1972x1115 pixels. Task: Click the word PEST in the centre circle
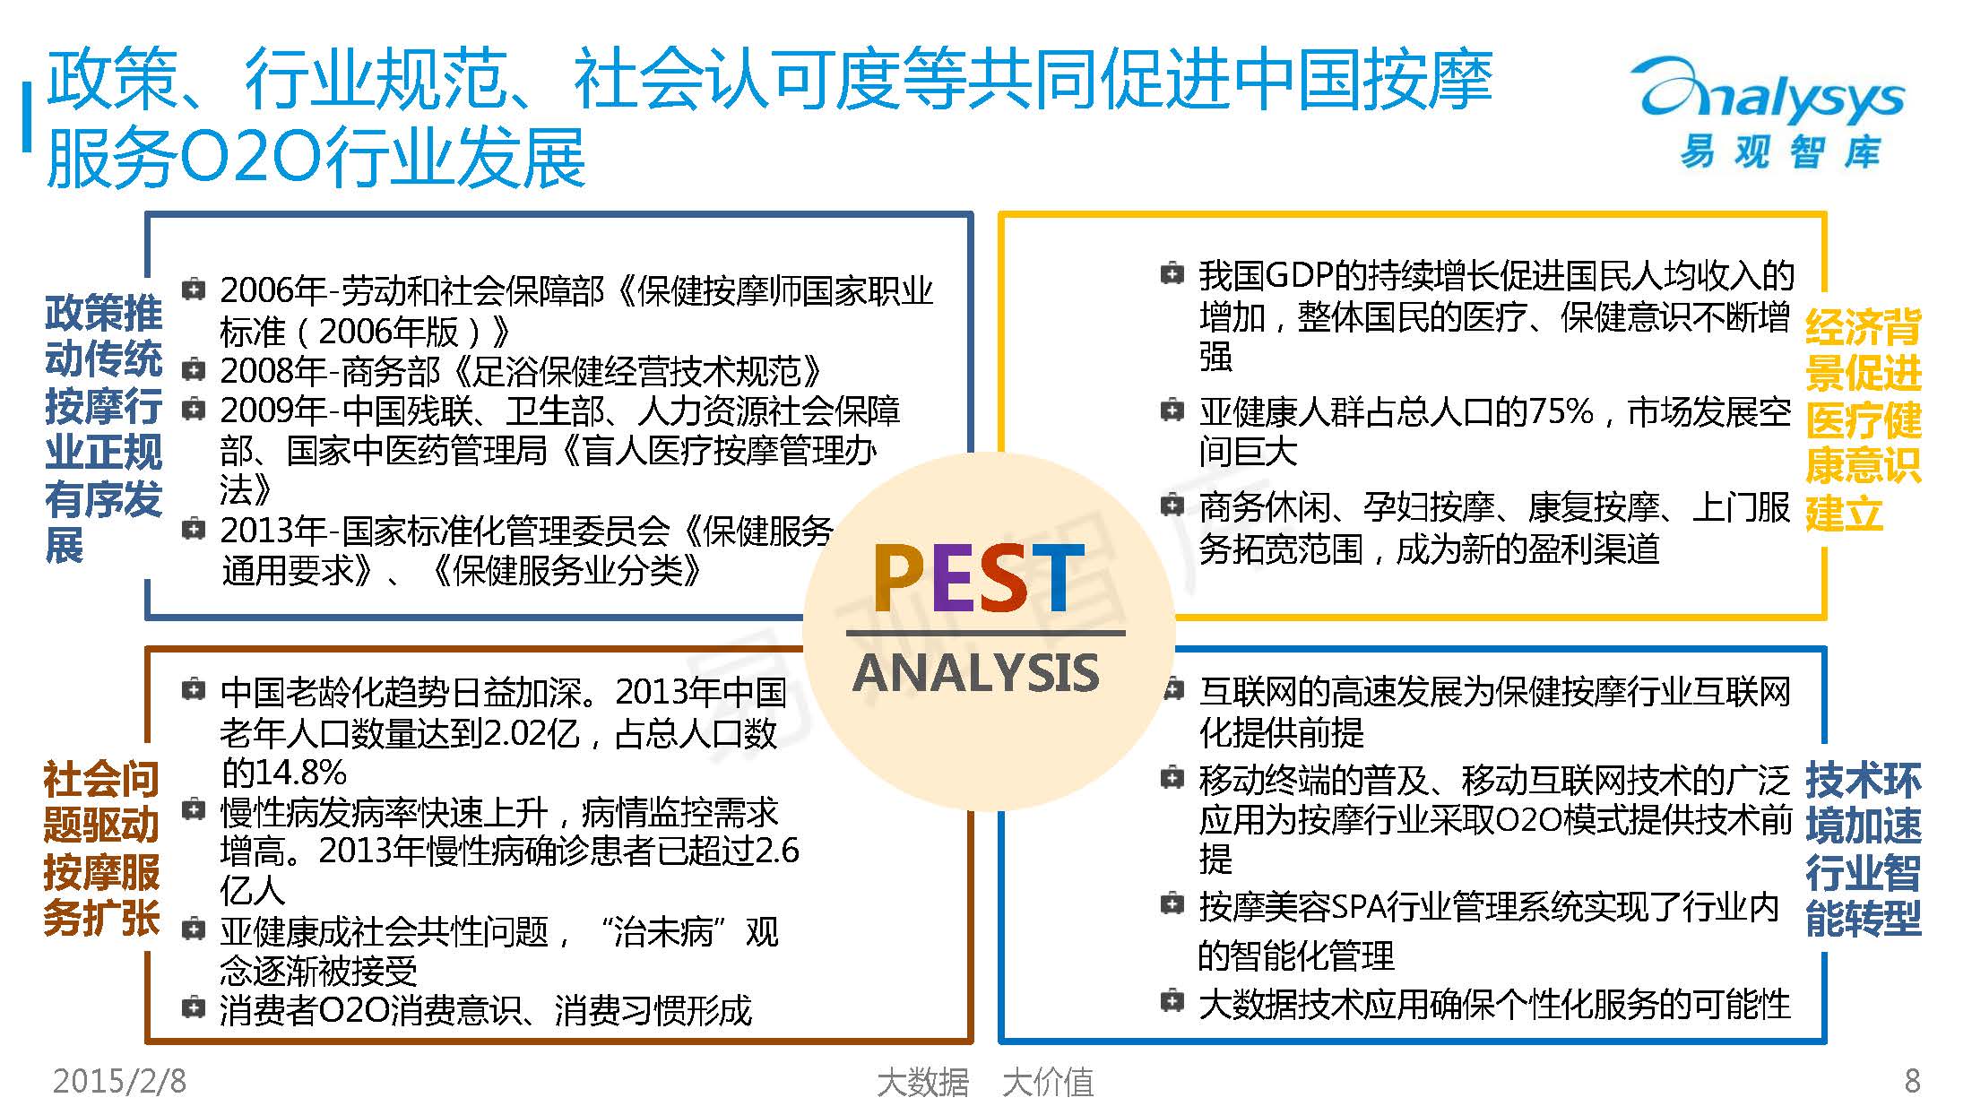pos(980,579)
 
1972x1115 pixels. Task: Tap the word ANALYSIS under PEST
pos(976,674)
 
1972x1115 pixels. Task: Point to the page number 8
pos(1912,1081)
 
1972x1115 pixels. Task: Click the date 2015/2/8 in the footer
pos(120,1081)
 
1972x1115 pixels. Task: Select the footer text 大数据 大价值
pos(985,1082)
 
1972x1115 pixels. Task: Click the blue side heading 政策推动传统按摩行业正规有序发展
pos(103,428)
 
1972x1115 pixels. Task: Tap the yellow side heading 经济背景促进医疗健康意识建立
pos(1863,419)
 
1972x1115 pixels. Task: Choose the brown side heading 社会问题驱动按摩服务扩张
pos(101,848)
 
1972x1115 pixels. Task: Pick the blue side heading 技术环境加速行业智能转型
pos(1863,848)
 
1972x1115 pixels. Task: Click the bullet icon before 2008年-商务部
pos(193,368)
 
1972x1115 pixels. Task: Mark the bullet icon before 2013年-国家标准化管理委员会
pos(193,529)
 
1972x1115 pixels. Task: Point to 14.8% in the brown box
pos(283,772)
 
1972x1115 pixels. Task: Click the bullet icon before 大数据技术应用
pos(1172,1000)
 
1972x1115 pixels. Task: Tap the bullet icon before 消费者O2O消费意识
pos(193,1007)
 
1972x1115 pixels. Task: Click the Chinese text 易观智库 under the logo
pos(1778,151)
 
